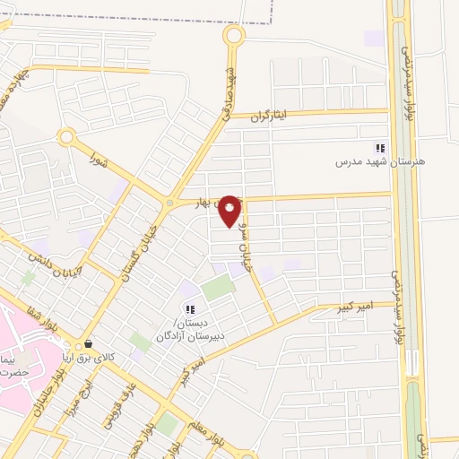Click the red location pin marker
click(x=230, y=211)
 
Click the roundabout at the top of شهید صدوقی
click(x=234, y=36)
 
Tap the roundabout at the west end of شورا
click(x=65, y=137)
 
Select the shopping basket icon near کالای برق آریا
click(x=87, y=344)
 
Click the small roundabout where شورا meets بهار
click(x=169, y=204)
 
